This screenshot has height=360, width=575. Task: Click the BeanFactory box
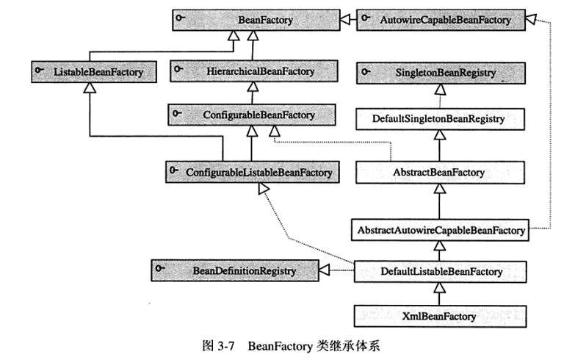click(x=256, y=20)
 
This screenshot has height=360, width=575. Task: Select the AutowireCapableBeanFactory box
click(x=441, y=20)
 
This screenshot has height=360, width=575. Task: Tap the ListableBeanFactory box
click(x=94, y=72)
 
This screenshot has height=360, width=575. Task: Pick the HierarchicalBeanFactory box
click(x=254, y=71)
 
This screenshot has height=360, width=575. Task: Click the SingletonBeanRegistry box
click(x=441, y=73)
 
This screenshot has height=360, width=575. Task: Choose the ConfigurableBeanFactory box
click(x=252, y=115)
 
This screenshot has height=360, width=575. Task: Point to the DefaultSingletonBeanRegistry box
click(x=440, y=119)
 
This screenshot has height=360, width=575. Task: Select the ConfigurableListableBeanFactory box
click(x=253, y=172)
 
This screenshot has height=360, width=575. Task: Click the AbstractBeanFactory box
click(x=440, y=173)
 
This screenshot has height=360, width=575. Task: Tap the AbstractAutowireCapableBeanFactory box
click(x=440, y=230)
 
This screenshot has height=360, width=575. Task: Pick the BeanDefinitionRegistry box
click(x=235, y=271)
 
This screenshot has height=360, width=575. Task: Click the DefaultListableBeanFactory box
click(x=440, y=272)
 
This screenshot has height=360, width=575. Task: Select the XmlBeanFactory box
click(x=440, y=317)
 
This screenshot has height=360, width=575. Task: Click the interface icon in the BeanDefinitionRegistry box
click(x=160, y=268)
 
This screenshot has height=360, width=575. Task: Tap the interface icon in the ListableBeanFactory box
click(x=39, y=69)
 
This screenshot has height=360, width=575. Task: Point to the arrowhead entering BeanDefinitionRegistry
click(x=324, y=270)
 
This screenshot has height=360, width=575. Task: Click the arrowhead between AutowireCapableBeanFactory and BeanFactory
click(x=345, y=19)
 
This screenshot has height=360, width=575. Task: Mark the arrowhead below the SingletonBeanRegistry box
click(x=440, y=89)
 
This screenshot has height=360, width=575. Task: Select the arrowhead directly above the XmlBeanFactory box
click(x=440, y=288)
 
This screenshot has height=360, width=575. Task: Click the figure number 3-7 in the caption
click(x=226, y=346)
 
